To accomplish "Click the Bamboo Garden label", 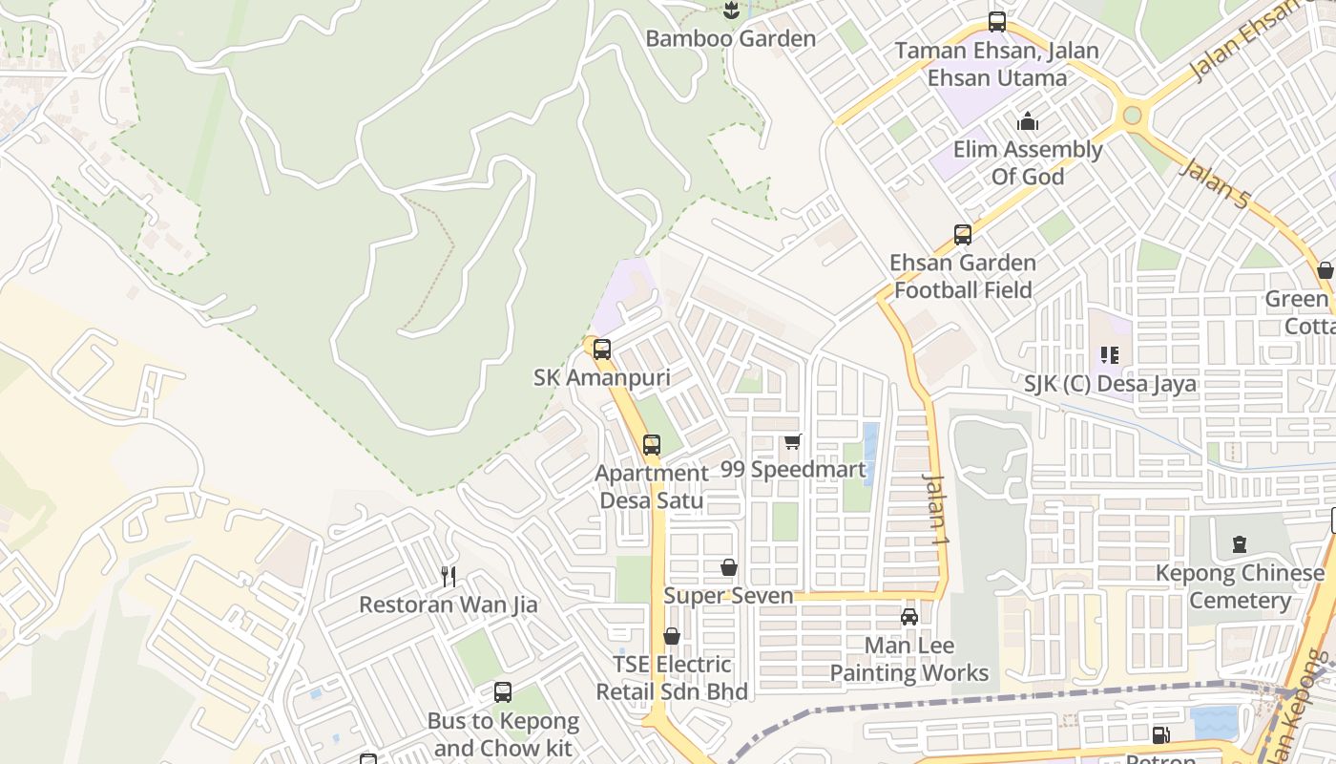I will pyautogui.click(x=730, y=39).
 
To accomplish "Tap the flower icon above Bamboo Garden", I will pyautogui.click(x=731, y=11).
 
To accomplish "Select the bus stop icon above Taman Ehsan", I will pyautogui.click(x=997, y=21).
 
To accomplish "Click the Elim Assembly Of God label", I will pyautogui.click(x=1028, y=163).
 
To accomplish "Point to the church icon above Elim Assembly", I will pyautogui.click(x=1028, y=122).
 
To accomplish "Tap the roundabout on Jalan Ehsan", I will pyautogui.click(x=1132, y=116).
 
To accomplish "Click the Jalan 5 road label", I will pyautogui.click(x=1214, y=184).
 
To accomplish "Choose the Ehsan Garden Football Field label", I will pyautogui.click(x=963, y=276).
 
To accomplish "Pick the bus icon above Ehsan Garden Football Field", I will pyautogui.click(x=963, y=234).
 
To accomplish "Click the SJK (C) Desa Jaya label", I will pyautogui.click(x=1110, y=384).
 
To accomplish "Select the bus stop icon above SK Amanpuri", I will pyautogui.click(x=602, y=350).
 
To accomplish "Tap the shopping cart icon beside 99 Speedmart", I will pyautogui.click(x=792, y=442).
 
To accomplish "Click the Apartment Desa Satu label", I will pyautogui.click(x=652, y=487).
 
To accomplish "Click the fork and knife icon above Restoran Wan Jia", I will pyautogui.click(x=449, y=576).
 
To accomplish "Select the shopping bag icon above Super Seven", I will pyautogui.click(x=729, y=568).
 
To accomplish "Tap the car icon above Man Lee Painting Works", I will pyautogui.click(x=909, y=617).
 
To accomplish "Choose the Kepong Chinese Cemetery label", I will pyautogui.click(x=1240, y=586).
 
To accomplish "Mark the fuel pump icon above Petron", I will pyautogui.click(x=1160, y=735).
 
